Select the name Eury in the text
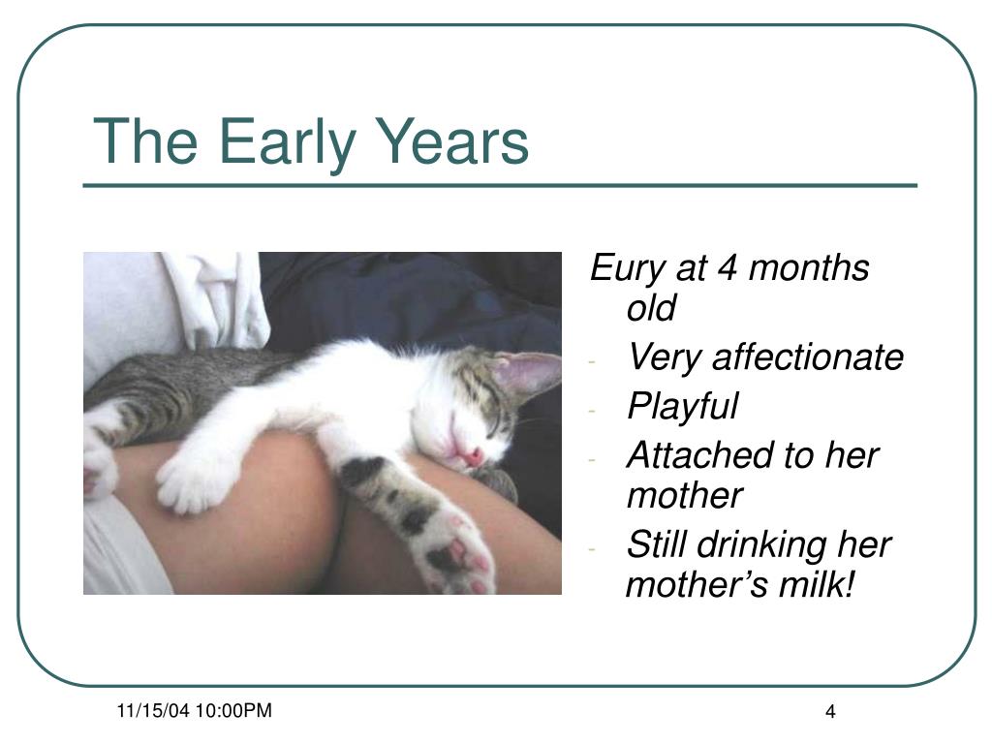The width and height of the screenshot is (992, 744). pyautogui.click(x=627, y=268)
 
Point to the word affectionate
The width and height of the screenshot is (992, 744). pyautogui.click(x=808, y=356)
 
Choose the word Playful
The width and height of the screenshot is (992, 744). pyautogui.click(x=683, y=406)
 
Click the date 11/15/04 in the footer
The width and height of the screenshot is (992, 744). pyautogui.click(x=153, y=710)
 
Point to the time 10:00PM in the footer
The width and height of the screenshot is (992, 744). pyautogui.click(x=233, y=710)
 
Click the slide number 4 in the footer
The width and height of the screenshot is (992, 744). pyautogui.click(x=830, y=712)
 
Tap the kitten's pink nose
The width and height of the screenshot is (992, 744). pyautogui.click(x=472, y=454)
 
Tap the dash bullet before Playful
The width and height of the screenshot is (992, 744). pyautogui.click(x=592, y=411)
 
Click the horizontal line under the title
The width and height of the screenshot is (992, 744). pyautogui.click(x=500, y=185)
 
